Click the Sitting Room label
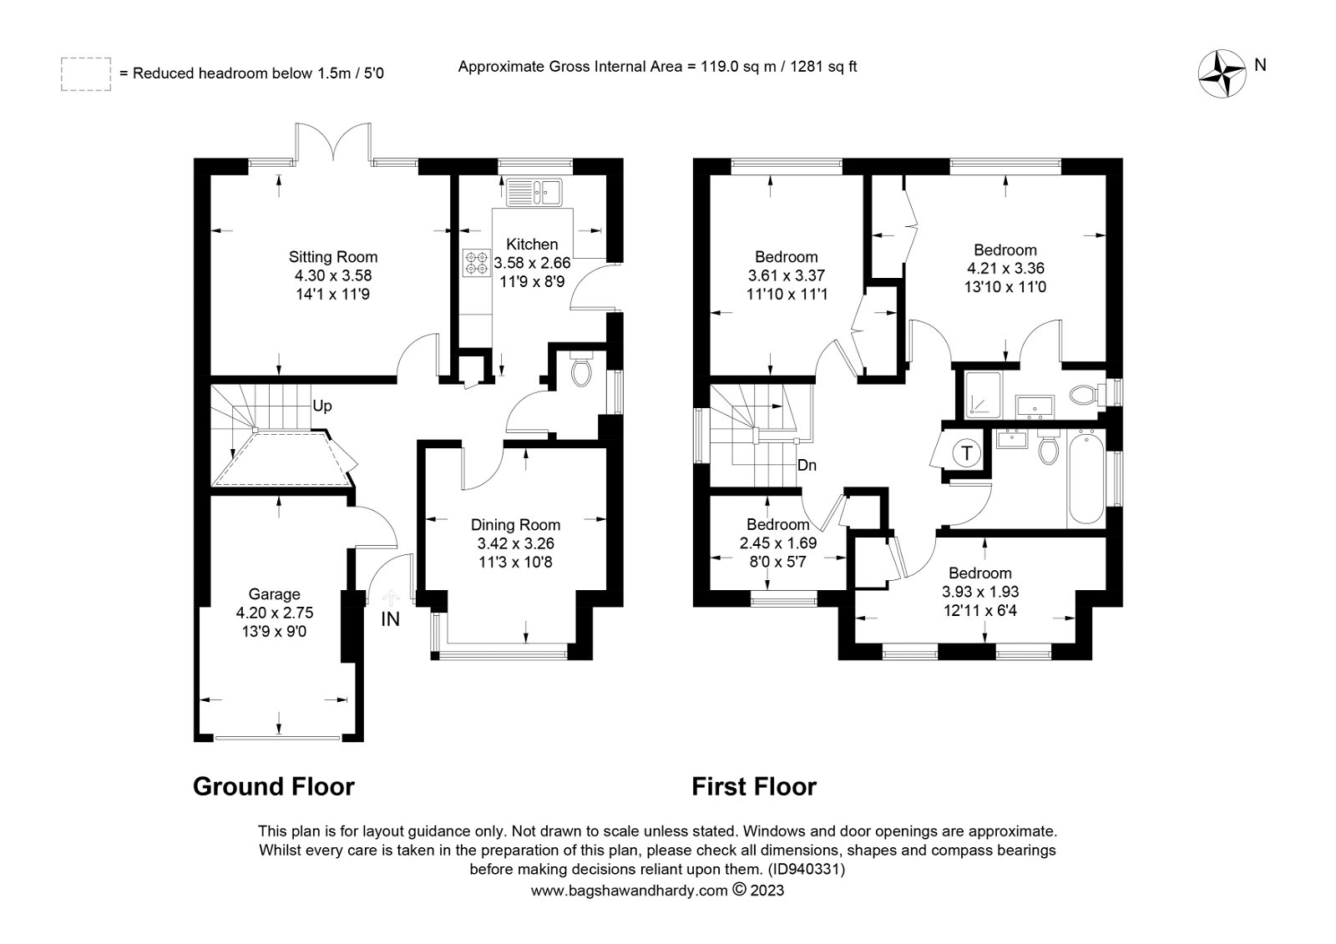[333, 257]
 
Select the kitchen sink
[534, 192]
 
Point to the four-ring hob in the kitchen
[476, 263]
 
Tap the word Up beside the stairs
[322, 406]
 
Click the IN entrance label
[390, 619]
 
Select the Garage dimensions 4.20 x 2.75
[275, 613]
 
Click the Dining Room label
[515, 525]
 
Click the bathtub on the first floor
[1086, 479]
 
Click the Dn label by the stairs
[807, 465]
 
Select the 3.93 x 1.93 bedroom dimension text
[980, 592]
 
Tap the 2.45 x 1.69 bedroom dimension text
[777, 543]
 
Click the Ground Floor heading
[274, 786]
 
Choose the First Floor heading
[754, 786]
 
